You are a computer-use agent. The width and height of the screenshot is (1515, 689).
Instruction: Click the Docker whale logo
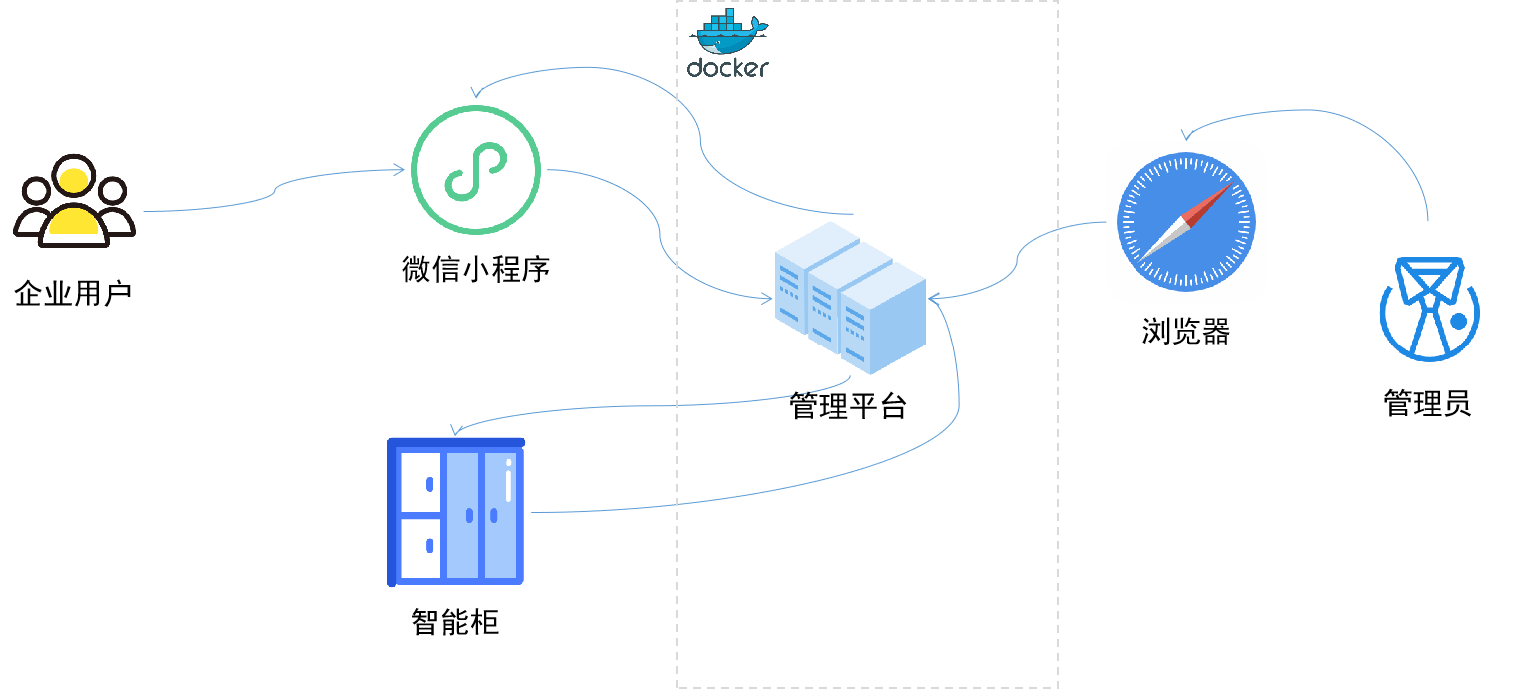tap(728, 32)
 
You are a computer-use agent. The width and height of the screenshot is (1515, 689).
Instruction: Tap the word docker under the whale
tap(728, 68)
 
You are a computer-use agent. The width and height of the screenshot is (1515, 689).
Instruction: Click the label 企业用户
tap(74, 294)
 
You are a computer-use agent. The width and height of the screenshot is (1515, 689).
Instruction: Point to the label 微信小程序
tap(476, 269)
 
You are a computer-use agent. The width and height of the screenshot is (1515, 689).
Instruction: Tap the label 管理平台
tap(848, 406)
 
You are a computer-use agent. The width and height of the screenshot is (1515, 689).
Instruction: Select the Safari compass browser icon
tap(1186, 222)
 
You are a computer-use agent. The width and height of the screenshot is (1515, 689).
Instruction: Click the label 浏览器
tap(1185, 332)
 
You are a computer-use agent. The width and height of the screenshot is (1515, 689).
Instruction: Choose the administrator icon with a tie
tap(1429, 309)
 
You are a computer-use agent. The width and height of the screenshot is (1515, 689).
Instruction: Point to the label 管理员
tap(1428, 404)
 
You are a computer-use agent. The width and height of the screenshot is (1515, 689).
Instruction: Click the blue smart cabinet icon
tap(456, 511)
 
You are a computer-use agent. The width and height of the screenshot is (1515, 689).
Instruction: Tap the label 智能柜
tap(455, 623)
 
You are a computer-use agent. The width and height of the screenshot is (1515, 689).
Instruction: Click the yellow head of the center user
tap(73, 181)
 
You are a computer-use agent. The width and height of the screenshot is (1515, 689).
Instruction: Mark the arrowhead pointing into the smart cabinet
tap(455, 430)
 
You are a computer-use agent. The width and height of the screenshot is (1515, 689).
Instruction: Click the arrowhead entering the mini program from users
tap(399, 170)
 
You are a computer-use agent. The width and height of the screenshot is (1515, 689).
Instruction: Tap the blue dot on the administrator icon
tap(1459, 322)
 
